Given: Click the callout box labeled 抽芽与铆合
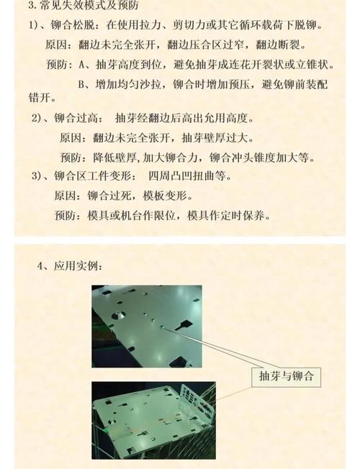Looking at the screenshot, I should coord(287,376).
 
